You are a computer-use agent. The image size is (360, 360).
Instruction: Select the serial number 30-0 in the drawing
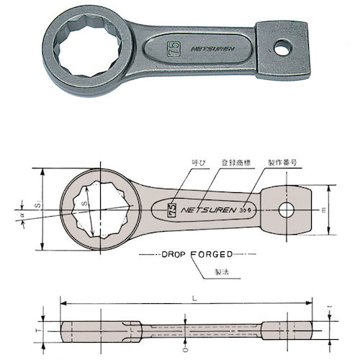pyautogui.click(x=246, y=213)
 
